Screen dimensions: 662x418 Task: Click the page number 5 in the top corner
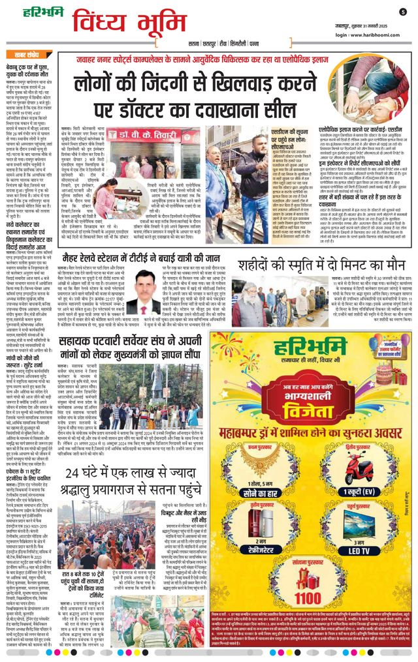403,12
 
